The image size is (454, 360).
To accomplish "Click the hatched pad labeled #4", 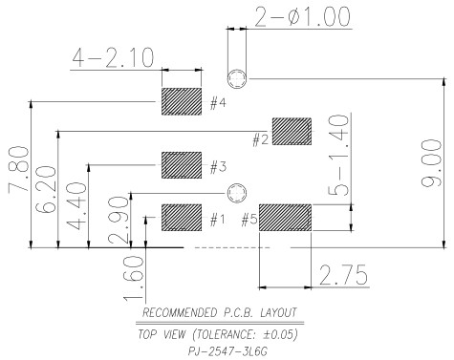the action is [182, 101].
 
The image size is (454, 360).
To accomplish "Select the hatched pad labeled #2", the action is [292, 132].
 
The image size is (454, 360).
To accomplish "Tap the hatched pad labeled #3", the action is [182, 165].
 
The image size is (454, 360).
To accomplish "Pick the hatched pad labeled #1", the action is [182, 218].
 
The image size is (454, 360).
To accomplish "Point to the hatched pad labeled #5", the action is [285, 218].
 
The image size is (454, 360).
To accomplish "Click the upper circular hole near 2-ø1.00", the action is [237, 78].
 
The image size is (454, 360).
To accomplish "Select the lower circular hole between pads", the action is [237, 193].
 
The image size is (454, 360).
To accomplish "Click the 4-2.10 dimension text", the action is [113, 58].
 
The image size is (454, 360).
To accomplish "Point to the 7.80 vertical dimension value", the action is [18, 169].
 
